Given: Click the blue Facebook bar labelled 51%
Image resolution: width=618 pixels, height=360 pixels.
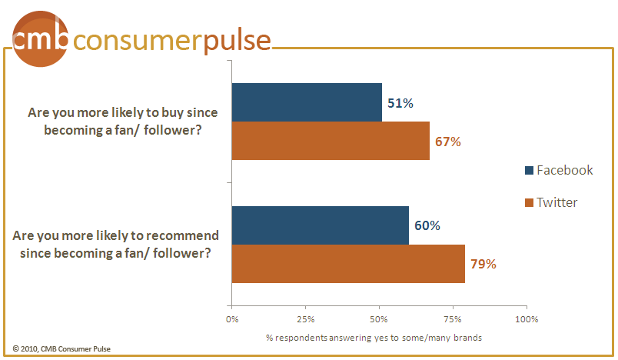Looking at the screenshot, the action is point(307,102).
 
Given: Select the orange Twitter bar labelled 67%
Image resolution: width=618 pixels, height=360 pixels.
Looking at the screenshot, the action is point(331,140).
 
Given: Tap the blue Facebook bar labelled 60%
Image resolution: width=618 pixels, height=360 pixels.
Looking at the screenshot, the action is point(321,225).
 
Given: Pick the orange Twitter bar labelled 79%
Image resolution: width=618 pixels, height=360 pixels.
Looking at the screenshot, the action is point(348,263).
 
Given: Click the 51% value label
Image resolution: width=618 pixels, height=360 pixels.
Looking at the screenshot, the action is point(400,103).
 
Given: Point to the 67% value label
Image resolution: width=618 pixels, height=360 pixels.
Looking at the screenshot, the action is point(447,142).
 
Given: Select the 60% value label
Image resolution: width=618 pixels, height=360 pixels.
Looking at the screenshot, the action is point(427,225).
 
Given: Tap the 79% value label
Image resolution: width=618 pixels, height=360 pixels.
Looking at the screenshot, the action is point(483,264).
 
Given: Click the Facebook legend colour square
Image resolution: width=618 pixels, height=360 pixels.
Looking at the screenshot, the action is point(529,170).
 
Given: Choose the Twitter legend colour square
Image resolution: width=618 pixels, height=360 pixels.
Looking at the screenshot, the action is point(529,202).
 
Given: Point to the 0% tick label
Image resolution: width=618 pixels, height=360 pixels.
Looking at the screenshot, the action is point(232,319).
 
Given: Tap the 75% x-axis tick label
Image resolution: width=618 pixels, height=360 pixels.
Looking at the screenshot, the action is point(453,319).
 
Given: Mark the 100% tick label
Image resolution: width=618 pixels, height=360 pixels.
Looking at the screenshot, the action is point(527,319).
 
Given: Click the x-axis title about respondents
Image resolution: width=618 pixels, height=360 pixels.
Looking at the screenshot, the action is point(374,338).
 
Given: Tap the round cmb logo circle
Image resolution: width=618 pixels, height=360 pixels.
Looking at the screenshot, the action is point(40,39).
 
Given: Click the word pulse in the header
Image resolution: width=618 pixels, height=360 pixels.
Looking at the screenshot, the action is point(238,42).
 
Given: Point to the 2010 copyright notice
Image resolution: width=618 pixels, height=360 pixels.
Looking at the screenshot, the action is point(61,349).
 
